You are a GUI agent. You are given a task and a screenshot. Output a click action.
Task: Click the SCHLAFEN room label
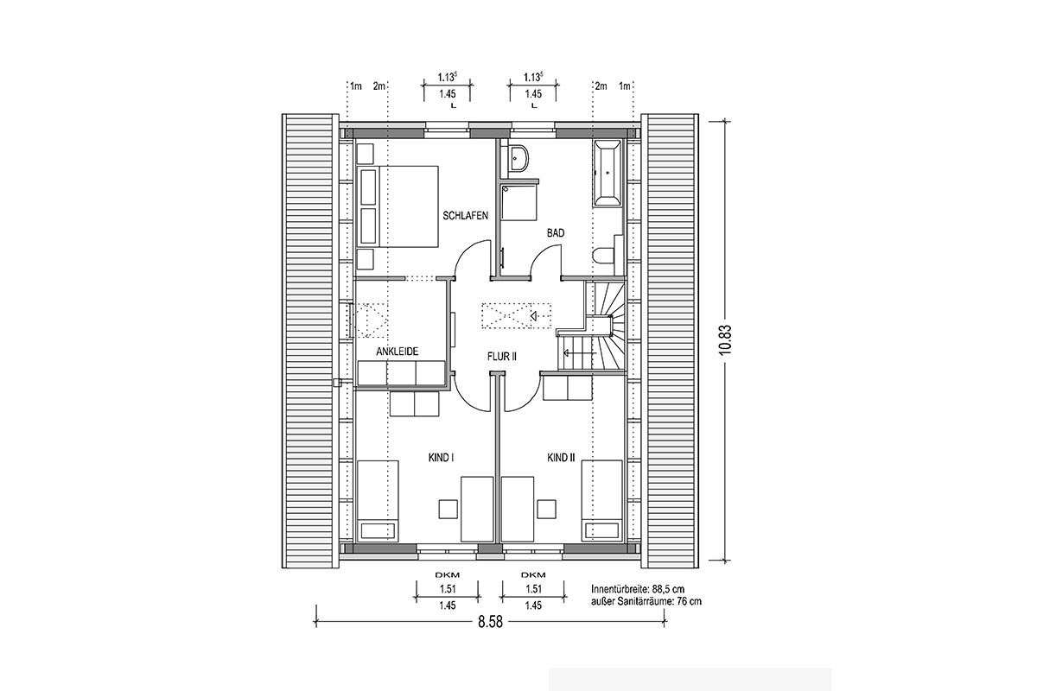click(x=465, y=216)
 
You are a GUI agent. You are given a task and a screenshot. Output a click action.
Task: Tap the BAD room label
click(x=556, y=233)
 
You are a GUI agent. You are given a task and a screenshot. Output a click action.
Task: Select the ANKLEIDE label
click(x=398, y=352)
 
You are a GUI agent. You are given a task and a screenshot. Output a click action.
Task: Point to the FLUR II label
click(x=502, y=357)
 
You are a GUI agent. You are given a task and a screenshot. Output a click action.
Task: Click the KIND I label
click(x=441, y=458)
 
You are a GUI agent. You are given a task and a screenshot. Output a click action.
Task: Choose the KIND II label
click(x=561, y=458)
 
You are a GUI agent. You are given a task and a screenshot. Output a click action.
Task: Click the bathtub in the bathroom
click(x=608, y=174)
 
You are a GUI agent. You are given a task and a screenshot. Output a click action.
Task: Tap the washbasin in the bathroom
click(x=518, y=160)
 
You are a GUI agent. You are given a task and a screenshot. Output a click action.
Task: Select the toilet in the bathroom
click(x=604, y=256)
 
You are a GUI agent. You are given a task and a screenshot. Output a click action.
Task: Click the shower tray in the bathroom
click(x=519, y=204)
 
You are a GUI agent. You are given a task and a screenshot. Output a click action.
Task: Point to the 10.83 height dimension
click(x=725, y=339)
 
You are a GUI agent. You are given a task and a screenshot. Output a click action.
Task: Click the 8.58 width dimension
click(x=490, y=622)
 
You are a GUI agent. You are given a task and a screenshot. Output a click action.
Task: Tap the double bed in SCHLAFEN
click(x=398, y=206)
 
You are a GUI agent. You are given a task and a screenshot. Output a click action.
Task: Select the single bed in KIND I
click(x=378, y=500)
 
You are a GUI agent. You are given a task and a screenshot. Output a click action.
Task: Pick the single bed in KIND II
click(x=601, y=500)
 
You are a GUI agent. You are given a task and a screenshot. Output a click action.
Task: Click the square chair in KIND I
click(x=449, y=509)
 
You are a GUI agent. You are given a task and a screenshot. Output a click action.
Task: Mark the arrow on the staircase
click(x=580, y=353)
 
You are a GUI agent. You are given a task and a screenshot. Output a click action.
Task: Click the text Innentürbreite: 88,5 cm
click(x=638, y=589)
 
